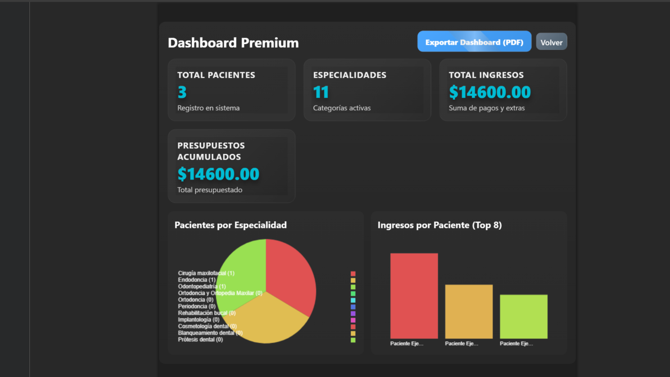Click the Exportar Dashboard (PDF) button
point(474,42)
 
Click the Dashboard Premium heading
point(233,43)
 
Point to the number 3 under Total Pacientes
point(182,93)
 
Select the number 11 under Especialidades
point(321,93)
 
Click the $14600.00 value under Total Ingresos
point(490,93)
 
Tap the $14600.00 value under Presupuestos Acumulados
point(218,174)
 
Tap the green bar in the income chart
point(523,316)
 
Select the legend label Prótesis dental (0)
point(200,340)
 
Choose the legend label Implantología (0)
point(199,320)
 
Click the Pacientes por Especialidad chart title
point(230,225)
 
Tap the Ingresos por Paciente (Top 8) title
point(439,225)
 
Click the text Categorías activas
point(342,108)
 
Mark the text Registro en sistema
point(208,108)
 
